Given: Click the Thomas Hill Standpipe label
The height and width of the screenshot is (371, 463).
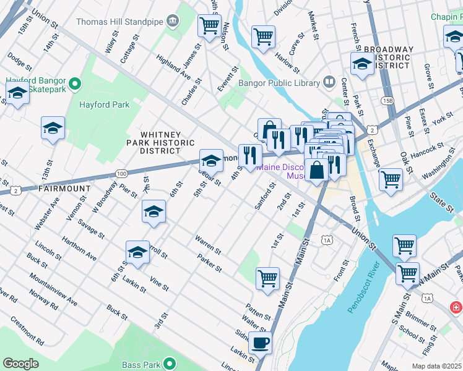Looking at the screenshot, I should point(119,22).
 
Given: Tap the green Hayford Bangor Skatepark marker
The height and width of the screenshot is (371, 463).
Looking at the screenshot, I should point(76,83).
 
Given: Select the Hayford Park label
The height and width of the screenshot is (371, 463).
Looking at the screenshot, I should point(104,104).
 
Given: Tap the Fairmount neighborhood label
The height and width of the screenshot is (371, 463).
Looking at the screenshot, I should point(64,188).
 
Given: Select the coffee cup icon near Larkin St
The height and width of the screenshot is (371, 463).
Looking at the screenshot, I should point(260,341).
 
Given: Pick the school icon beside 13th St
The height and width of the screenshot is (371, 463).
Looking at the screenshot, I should point(53,128).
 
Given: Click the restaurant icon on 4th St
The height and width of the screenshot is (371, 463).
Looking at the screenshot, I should point(250,155).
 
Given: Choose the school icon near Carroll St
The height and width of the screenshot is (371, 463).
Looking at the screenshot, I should point(137,252).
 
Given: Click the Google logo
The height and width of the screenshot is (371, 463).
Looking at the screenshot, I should point(20,364).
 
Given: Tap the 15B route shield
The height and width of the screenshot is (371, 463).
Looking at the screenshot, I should point(387,100).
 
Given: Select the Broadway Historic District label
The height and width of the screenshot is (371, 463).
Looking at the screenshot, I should point(396,57).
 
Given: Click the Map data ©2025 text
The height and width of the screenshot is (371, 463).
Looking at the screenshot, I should point(437,366).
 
